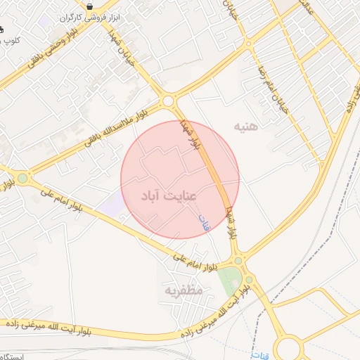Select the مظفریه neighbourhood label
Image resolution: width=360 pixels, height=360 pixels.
184,289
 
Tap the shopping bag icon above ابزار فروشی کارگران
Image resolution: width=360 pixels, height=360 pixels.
90,6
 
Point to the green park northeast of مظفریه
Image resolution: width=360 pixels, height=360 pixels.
227,282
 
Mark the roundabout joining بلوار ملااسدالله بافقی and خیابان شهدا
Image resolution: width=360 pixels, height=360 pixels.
167,102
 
